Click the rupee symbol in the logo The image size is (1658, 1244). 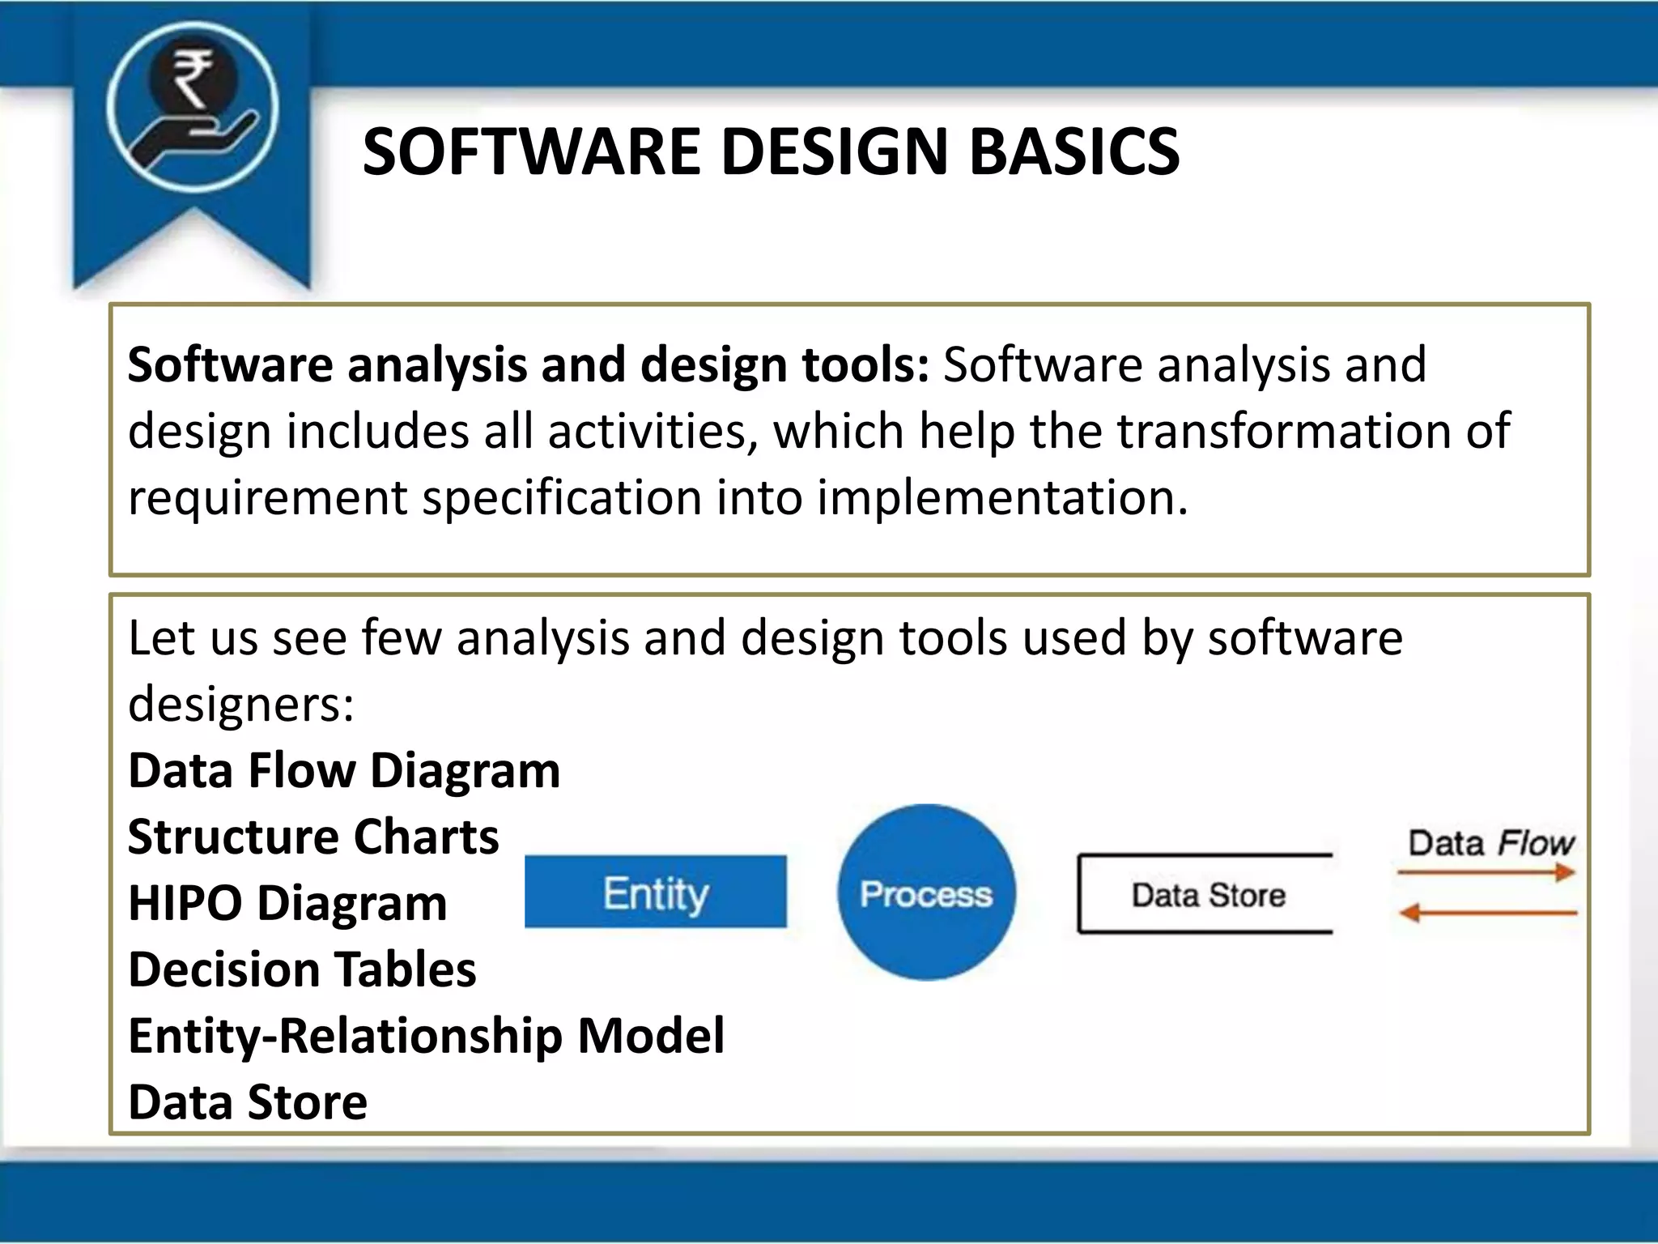193,78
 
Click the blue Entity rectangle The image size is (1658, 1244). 655,892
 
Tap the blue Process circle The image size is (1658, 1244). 925,893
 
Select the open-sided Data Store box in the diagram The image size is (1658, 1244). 1205,894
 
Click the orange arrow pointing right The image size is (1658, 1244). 1486,872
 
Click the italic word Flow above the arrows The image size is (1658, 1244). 1535,843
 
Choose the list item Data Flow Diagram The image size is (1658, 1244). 344,769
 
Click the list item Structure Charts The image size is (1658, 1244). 313,836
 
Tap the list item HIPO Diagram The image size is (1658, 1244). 287,902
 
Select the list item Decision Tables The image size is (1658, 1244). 302,969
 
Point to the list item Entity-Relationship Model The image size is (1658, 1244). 426,1035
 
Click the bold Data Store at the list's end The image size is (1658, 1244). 248,1101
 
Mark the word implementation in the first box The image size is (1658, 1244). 1001,496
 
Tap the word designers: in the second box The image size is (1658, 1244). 241,703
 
